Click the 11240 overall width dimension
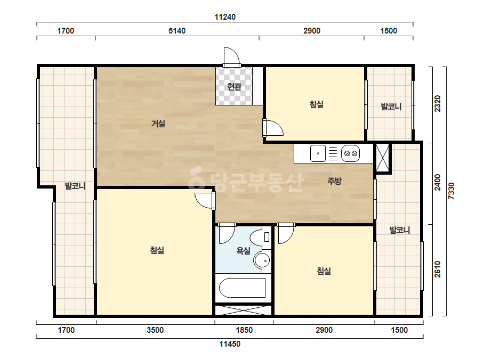pyautogui.click(x=225, y=17)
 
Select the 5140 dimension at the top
pyautogui.click(x=177, y=31)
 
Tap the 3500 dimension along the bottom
pyautogui.click(x=155, y=330)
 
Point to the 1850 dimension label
pyautogui.click(x=244, y=330)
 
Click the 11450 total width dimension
pyautogui.click(x=230, y=344)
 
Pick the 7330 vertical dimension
pyautogui.click(x=451, y=191)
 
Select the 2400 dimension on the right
pyautogui.click(x=438, y=183)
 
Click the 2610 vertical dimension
pyautogui.click(x=438, y=269)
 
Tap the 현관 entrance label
pyautogui.click(x=234, y=86)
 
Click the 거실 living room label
pyautogui.click(x=158, y=124)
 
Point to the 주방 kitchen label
pyautogui.click(x=334, y=181)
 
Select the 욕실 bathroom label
pyautogui.click(x=244, y=251)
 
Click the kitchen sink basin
pyautogui.click(x=318, y=153)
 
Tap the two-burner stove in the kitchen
pyautogui.click(x=351, y=153)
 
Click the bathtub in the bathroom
pyautogui.click(x=242, y=288)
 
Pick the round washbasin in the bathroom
pyautogui.click(x=262, y=260)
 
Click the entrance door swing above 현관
pyautogui.click(x=231, y=57)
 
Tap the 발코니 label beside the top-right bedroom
pyautogui.click(x=391, y=107)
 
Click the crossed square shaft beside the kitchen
pyautogui.click(x=382, y=158)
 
